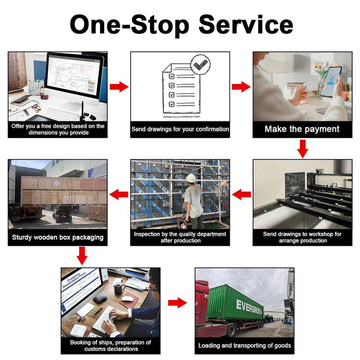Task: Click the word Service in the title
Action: click(246, 25)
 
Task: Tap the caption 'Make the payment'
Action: click(302, 129)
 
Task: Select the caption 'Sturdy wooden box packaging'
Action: click(57, 237)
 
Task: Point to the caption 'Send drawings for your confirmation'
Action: click(180, 129)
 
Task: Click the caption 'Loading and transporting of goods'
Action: click(244, 345)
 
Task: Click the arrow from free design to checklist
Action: click(119, 87)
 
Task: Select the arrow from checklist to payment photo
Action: click(241, 87)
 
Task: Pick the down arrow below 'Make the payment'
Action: click(302, 148)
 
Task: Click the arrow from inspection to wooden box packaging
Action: click(119, 194)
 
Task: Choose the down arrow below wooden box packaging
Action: click(82, 256)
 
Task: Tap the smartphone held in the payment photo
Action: click(331, 81)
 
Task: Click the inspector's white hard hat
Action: click(192, 178)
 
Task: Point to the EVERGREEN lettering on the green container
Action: click(249, 304)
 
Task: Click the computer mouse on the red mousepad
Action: click(128, 299)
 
